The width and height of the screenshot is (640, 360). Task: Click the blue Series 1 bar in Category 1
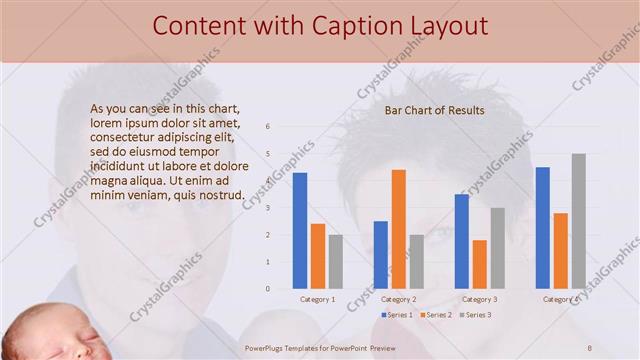(x=299, y=230)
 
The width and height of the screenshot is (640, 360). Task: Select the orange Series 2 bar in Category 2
(x=398, y=228)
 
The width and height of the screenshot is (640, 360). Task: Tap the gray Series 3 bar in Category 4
(x=579, y=221)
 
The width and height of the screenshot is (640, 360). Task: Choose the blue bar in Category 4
(x=543, y=227)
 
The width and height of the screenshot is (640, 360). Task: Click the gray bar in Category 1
(x=335, y=261)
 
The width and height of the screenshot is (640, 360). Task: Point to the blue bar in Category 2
(x=380, y=254)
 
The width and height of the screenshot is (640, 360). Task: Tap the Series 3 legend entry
(x=474, y=315)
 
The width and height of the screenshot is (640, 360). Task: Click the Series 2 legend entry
(x=435, y=315)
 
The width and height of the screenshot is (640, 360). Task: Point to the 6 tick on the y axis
(x=267, y=127)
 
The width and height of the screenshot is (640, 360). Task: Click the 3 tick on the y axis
(x=267, y=208)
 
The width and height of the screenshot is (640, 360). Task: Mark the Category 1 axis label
(x=317, y=299)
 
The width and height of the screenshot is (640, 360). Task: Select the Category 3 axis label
(x=480, y=299)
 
